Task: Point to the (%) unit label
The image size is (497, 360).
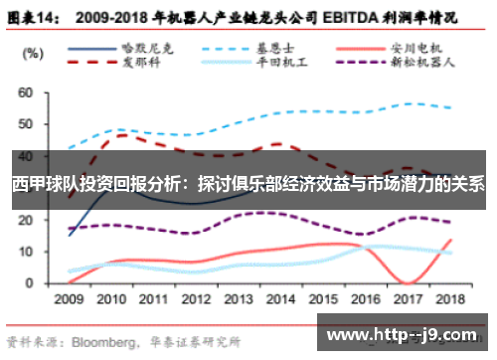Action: coord(33,52)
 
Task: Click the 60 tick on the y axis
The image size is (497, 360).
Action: coord(27,92)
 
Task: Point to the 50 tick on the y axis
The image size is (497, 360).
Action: coord(27,124)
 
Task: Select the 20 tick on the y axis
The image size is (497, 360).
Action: coord(27,220)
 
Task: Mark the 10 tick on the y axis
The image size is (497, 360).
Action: coord(27,252)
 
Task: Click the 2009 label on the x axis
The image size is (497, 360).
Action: coord(69,297)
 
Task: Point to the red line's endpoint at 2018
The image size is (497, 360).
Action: coord(452,239)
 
